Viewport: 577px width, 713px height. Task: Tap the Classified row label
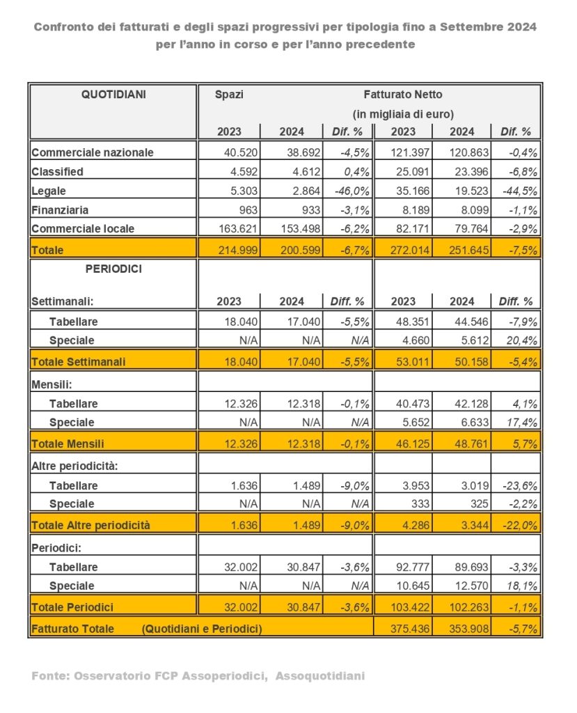pos(58,171)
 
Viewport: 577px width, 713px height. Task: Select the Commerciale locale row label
pos(83,228)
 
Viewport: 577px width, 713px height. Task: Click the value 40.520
pos(241,152)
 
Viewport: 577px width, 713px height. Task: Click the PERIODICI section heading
pos(114,269)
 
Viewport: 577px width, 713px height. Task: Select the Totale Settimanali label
pos(78,362)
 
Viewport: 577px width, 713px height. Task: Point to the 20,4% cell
pos(519,340)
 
